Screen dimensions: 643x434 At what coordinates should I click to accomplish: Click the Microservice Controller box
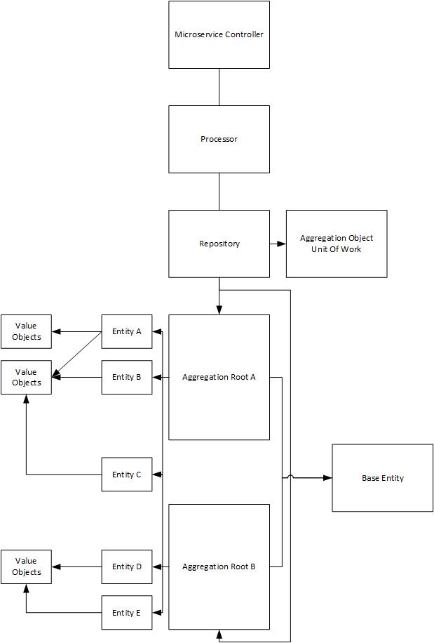tap(219, 34)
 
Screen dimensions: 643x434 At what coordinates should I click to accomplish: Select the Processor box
tap(219, 139)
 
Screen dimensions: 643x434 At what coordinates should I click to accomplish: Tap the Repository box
tap(219, 244)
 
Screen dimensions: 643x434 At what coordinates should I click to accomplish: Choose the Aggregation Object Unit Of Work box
tap(337, 244)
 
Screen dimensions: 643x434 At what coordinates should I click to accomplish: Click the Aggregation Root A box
tap(219, 377)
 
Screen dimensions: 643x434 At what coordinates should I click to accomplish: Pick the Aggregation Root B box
tap(219, 566)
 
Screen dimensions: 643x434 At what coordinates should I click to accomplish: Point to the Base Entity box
tap(382, 478)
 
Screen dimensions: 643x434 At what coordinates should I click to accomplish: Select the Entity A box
tap(127, 331)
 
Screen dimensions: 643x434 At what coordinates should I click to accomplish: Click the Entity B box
tap(127, 377)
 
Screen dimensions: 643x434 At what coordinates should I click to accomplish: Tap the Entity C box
tap(127, 475)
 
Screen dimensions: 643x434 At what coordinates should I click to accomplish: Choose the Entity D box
tap(127, 566)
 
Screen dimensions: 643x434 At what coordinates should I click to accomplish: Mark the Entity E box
tap(127, 613)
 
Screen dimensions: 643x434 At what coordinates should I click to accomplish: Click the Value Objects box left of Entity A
tap(26, 331)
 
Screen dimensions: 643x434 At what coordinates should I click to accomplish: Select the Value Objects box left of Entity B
tap(26, 377)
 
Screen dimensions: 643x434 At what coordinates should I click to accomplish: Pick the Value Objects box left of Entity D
tap(26, 566)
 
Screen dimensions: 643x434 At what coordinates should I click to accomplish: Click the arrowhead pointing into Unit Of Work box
tap(282, 244)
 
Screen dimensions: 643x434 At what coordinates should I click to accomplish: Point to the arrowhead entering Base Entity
tap(327, 478)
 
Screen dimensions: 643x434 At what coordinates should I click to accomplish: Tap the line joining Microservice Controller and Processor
tap(219, 87)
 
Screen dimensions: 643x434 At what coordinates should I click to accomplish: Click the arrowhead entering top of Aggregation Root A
tap(219, 310)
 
